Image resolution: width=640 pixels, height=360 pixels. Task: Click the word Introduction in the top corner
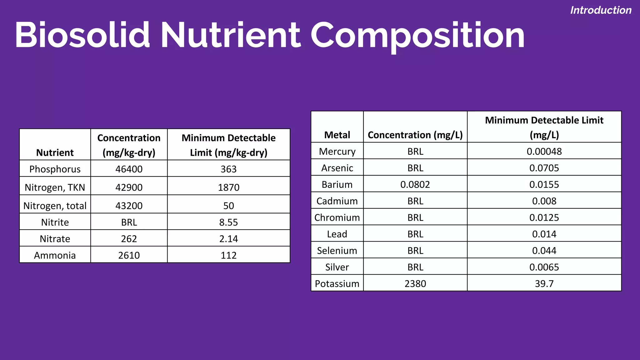[x=601, y=10]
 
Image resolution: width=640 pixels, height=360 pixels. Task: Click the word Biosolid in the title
[x=82, y=35]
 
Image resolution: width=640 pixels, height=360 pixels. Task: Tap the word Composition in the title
[x=417, y=36]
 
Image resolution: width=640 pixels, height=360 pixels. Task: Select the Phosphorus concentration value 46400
[x=129, y=169]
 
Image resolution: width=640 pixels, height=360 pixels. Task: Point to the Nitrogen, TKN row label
[x=55, y=187]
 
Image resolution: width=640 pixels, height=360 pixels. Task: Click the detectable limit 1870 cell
[x=228, y=187]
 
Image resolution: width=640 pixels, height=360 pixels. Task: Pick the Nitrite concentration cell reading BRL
[x=129, y=222]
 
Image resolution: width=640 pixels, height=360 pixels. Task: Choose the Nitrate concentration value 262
[x=129, y=239]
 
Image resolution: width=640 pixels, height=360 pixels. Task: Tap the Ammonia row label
[x=55, y=255]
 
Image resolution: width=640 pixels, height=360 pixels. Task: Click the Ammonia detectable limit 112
[x=228, y=255]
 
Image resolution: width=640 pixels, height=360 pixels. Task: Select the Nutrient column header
[x=55, y=152]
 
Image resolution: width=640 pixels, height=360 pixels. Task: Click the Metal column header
[x=337, y=135]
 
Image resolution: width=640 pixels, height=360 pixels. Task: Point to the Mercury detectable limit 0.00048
[x=544, y=152]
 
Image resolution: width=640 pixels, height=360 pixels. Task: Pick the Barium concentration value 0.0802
[x=415, y=184]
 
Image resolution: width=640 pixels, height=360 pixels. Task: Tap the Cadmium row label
[x=337, y=201]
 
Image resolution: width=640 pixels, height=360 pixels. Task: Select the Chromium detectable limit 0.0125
[x=544, y=217]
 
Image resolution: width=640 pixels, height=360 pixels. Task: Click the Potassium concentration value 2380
[x=415, y=283]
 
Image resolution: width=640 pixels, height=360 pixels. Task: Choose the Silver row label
[x=337, y=267]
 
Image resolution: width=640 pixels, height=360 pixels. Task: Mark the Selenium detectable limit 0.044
[x=544, y=251]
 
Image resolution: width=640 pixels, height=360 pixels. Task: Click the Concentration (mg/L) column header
[x=415, y=135]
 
